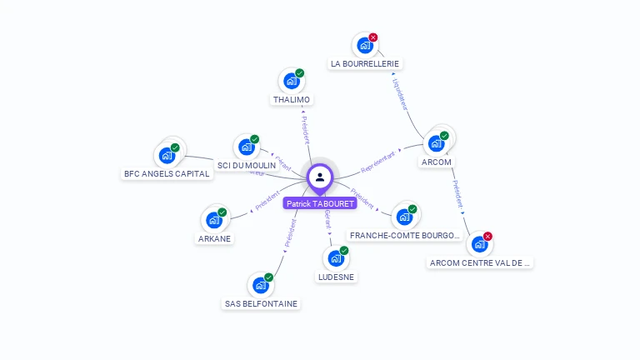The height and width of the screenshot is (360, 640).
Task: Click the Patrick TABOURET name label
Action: point(320,203)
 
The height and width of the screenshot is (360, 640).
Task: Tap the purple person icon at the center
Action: point(320,177)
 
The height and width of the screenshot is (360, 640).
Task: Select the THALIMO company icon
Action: point(291,81)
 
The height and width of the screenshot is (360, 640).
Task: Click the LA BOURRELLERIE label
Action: point(365,63)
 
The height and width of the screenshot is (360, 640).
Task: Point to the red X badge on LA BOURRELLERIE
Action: point(373,37)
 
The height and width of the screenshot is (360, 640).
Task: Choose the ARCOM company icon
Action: point(436,143)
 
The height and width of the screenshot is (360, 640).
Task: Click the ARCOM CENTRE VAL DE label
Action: point(480,262)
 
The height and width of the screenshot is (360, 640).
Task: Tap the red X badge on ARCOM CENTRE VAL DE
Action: point(487,237)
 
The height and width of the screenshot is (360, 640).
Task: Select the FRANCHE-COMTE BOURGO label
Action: point(405,236)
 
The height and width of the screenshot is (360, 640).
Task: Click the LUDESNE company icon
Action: point(336,258)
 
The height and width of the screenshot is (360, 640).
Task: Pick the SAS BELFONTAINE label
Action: point(261,304)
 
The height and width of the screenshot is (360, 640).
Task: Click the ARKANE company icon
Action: point(214,220)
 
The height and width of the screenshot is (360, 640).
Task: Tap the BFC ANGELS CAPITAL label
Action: point(167,174)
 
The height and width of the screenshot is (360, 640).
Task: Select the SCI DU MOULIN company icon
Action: point(246,147)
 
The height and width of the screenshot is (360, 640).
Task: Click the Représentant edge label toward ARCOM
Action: point(378,162)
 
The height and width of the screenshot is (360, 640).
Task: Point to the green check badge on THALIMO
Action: point(300,73)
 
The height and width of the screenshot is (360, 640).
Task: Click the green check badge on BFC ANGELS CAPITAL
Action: point(175,147)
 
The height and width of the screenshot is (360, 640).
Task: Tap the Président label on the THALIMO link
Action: point(305,129)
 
